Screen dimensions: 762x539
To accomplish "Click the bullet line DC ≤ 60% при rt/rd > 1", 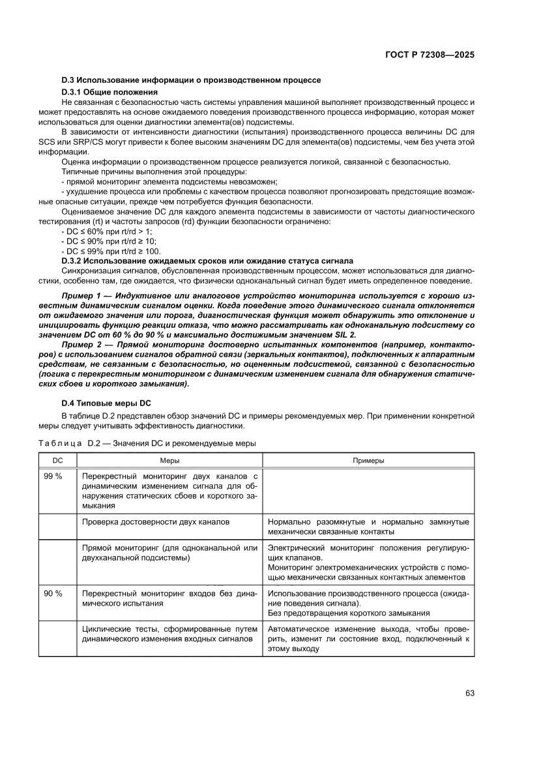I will pyautogui.click(x=97, y=231).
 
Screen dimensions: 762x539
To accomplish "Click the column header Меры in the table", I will pyautogui.click(x=170, y=460).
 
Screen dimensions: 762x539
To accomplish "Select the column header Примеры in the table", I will pyautogui.click(x=368, y=460).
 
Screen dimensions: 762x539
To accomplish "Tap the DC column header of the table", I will pyautogui.click(x=57, y=460).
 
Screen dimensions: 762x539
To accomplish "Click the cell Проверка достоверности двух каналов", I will pyautogui.click(x=156, y=521).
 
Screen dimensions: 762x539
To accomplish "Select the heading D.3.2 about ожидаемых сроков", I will pyautogui.click(x=207, y=261).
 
